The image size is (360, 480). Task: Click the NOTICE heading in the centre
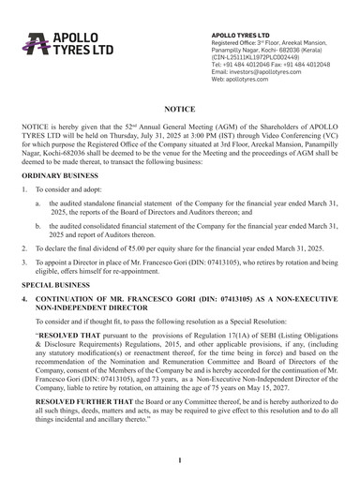[x=180, y=109]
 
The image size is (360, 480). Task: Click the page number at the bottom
[x=180, y=460]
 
